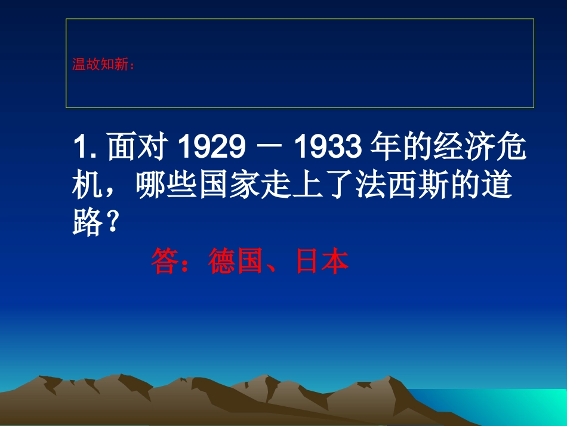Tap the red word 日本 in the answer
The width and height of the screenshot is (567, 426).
coord(322,262)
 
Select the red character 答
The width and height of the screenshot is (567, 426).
coord(164,262)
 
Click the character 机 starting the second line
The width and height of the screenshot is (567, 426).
coord(86,186)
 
